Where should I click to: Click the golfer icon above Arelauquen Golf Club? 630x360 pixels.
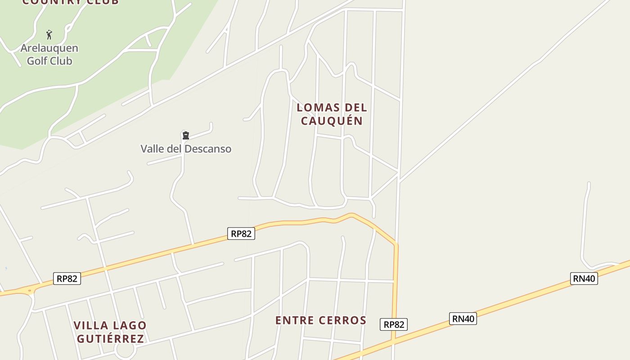point(49,35)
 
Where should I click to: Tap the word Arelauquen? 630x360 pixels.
point(49,48)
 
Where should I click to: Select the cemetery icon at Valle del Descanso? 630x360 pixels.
point(185,135)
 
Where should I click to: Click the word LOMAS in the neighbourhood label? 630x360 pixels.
point(318,108)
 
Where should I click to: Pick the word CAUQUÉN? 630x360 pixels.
point(332,121)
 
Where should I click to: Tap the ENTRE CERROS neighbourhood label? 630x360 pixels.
point(321,320)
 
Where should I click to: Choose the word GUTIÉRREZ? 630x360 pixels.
point(110,339)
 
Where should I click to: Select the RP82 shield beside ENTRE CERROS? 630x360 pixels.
point(394,324)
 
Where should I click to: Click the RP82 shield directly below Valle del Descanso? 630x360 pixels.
point(241,234)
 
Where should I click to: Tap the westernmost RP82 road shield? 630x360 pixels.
point(67,279)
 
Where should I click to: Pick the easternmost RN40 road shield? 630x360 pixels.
point(584,279)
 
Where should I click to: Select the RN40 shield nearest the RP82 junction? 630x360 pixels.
point(463,319)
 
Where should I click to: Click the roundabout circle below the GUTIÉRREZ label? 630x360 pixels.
point(125,351)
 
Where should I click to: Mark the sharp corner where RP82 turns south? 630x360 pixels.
point(396,245)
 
